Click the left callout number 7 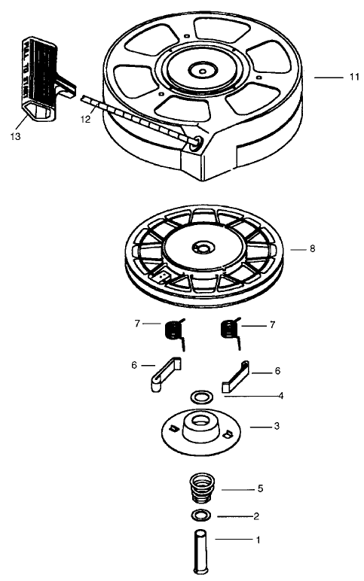137,324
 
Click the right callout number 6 278,371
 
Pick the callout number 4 280,394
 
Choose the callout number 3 277,426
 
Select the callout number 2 256,516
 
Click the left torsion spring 174,330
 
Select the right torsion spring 228,330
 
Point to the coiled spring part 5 200,489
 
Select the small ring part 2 200,516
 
